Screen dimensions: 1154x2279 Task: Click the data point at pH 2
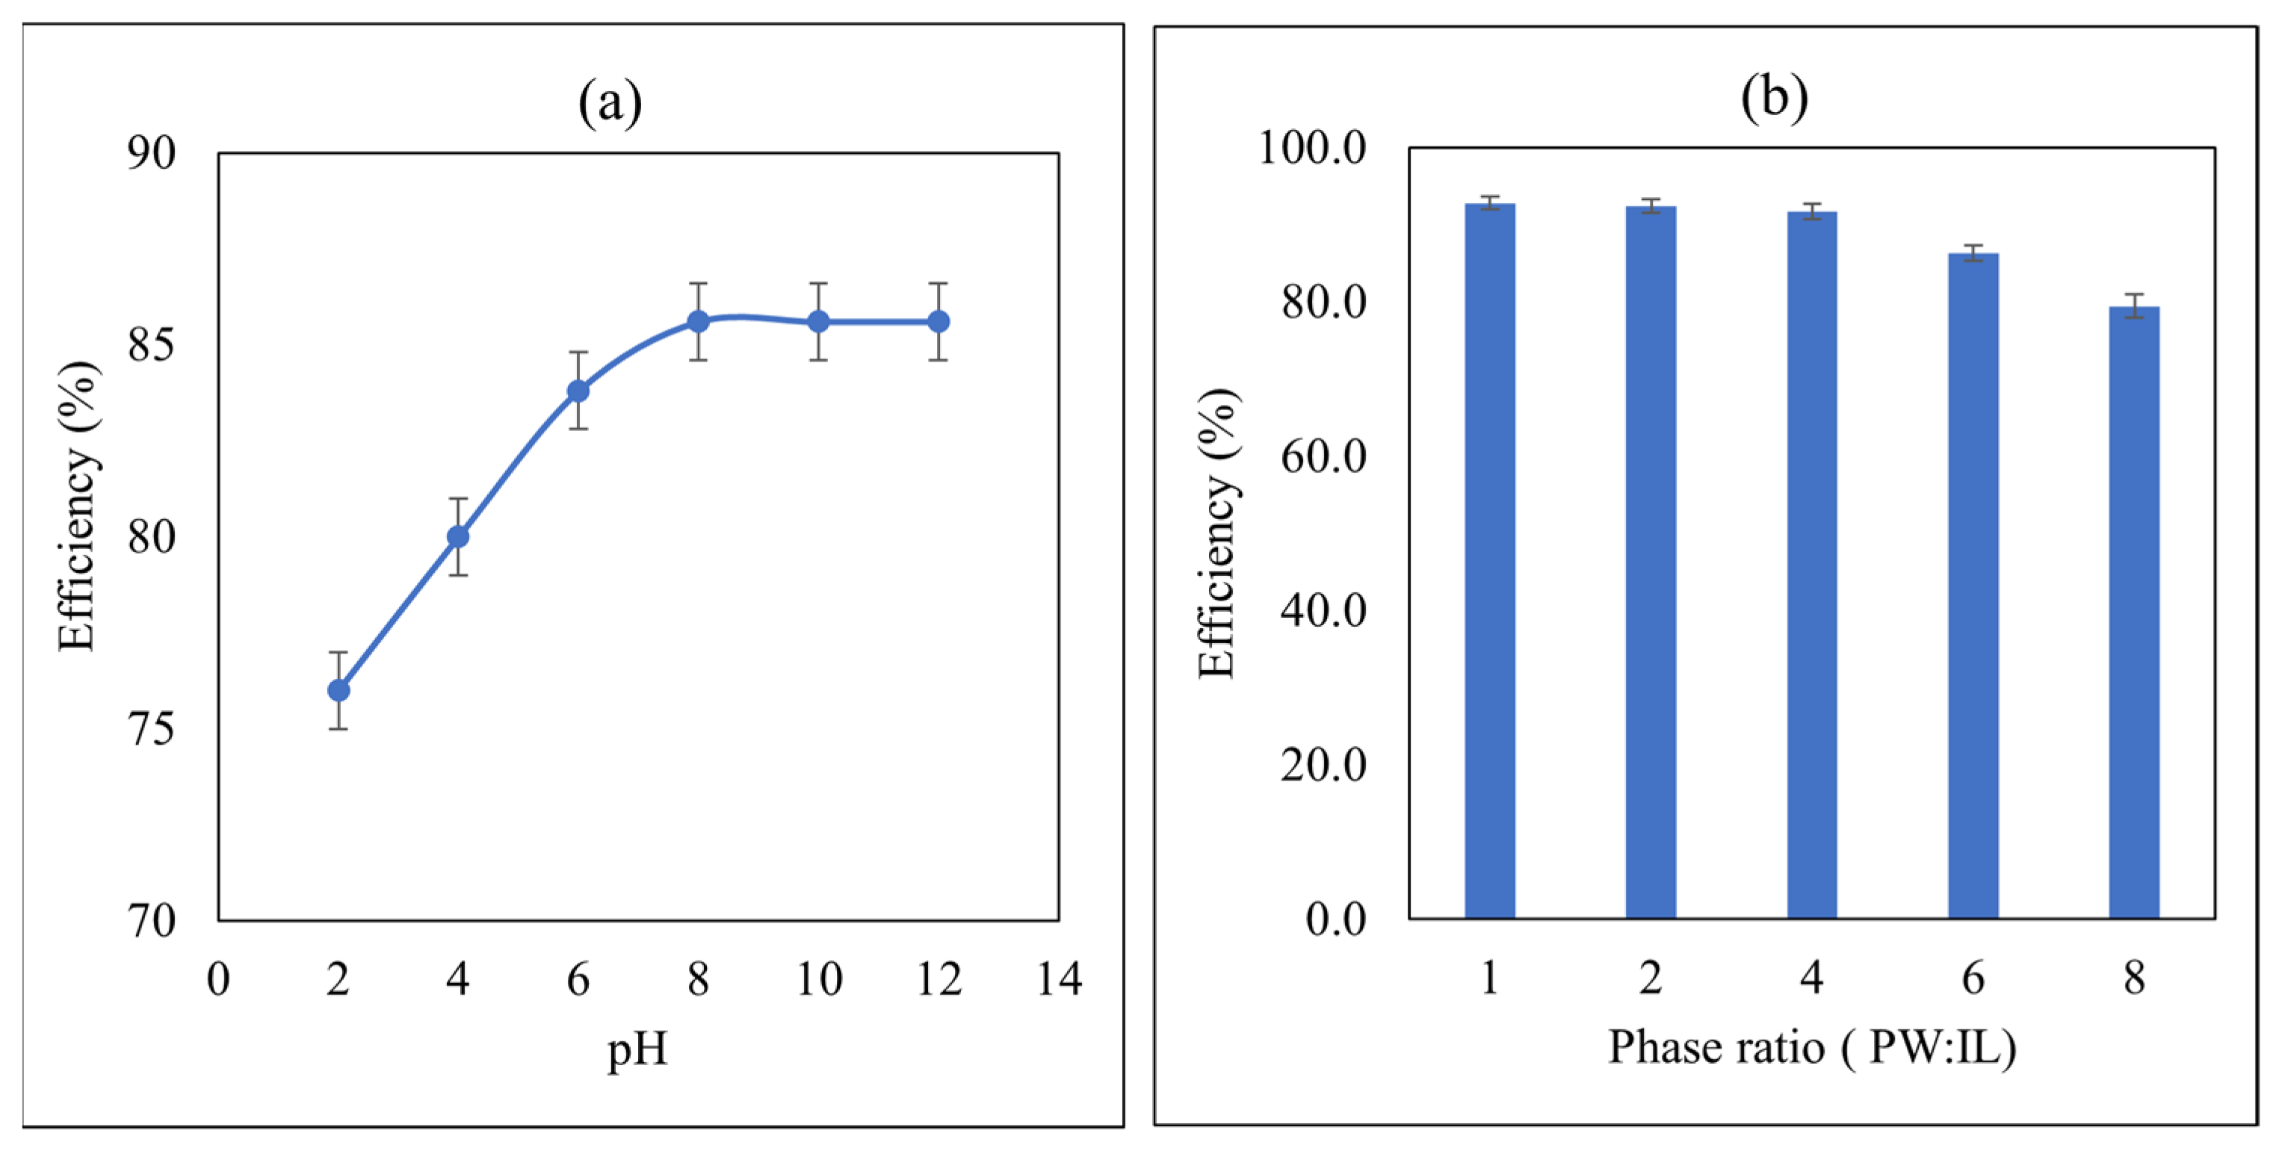pos(338,689)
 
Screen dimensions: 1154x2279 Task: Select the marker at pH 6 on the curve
pos(578,390)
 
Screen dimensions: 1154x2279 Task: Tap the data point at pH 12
pos(938,321)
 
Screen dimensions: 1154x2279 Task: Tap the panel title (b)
pos(1774,96)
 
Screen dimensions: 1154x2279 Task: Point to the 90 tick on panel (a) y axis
pos(151,153)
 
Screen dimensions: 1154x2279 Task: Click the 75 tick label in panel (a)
pos(151,730)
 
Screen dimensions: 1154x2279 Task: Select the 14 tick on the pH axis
pos(1059,979)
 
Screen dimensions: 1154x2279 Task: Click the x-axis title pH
pos(637,1050)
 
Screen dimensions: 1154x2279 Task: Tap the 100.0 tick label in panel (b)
pos(1312,148)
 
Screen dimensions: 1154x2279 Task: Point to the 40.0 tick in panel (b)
pos(1323,610)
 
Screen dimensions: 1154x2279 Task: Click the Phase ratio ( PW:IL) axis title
pos(1811,1048)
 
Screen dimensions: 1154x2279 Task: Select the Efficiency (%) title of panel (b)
pos(1217,533)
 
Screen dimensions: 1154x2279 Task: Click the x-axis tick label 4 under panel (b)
pos(1811,978)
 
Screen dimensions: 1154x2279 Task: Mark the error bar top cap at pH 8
pos(698,283)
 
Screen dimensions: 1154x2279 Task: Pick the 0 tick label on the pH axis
pos(217,979)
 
